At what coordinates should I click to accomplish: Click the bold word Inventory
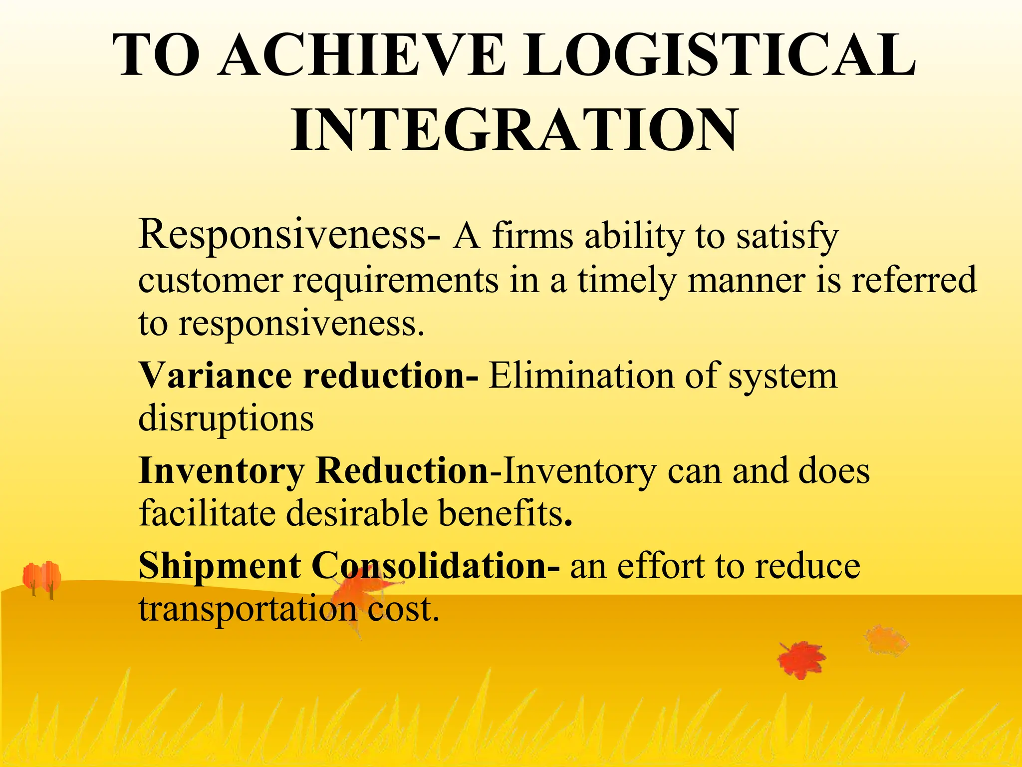pyautogui.click(x=221, y=471)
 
